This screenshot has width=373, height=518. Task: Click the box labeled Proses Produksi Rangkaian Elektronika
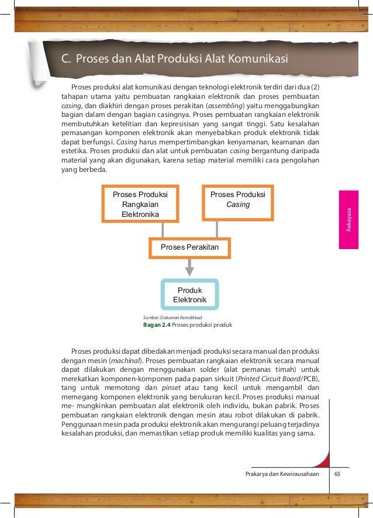click(x=140, y=204)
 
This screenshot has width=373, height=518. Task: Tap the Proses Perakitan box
click(x=189, y=248)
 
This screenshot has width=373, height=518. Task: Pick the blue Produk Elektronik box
click(x=189, y=295)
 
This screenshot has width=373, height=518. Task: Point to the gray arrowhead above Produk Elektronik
click(x=189, y=270)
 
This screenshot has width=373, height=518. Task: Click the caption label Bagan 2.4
click(x=157, y=325)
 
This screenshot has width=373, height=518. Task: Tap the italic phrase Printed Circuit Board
click(x=270, y=379)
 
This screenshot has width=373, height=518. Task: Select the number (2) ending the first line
click(x=314, y=87)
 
